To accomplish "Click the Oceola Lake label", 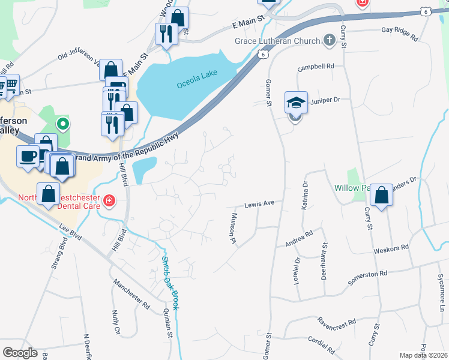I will [x=197, y=81].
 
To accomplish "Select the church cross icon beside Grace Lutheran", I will [x=328, y=40].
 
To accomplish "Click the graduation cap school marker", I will [x=295, y=103].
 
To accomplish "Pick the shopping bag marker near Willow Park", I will [x=381, y=196].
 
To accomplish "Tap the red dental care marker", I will [x=109, y=200].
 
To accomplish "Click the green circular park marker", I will [x=62, y=125].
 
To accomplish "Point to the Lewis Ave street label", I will [x=259, y=203].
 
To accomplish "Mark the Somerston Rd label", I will [x=367, y=277].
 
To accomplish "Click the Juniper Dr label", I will [x=327, y=100].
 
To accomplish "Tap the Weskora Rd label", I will [x=391, y=247].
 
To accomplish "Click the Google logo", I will [x=20, y=352].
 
